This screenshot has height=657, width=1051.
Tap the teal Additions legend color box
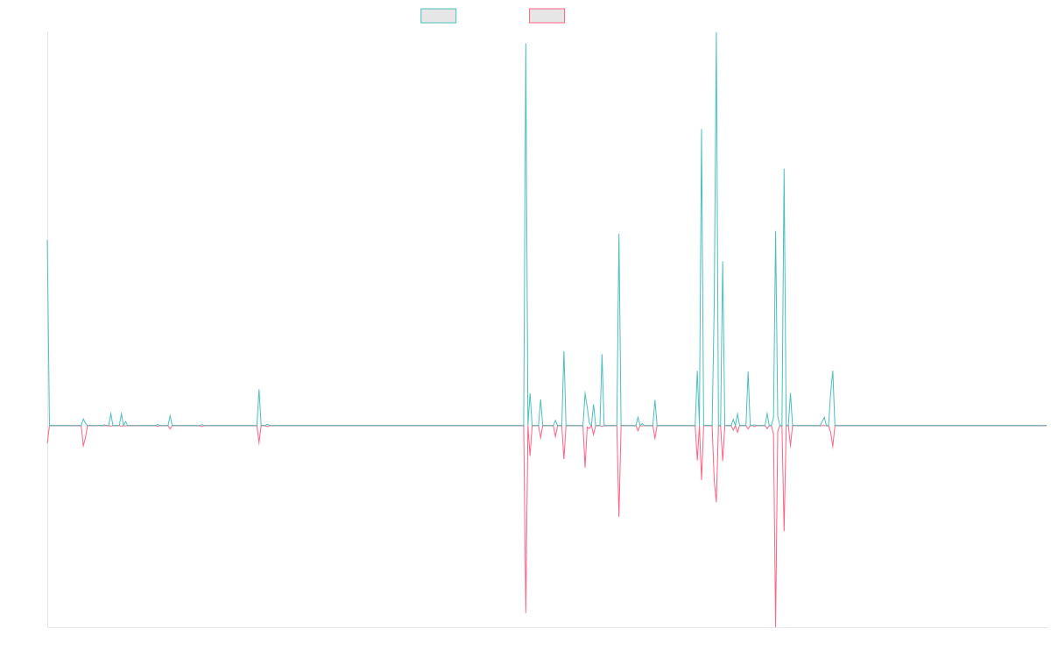[x=439, y=16]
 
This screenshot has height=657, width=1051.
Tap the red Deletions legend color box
[x=547, y=16]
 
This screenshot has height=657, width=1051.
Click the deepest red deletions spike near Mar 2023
[x=776, y=625]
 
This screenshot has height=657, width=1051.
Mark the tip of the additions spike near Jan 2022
[x=619, y=235]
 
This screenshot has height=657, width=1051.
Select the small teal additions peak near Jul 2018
[x=259, y=390]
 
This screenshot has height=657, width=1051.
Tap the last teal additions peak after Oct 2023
[x=833, y=371]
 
